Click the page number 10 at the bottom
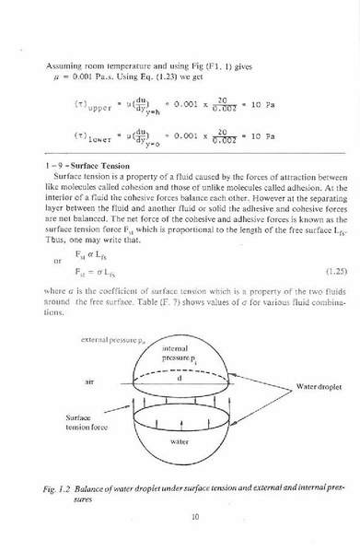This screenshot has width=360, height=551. point(195,516)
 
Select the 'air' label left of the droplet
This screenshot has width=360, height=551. point(90,380)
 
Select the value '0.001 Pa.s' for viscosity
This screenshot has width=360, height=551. point(97,80)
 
